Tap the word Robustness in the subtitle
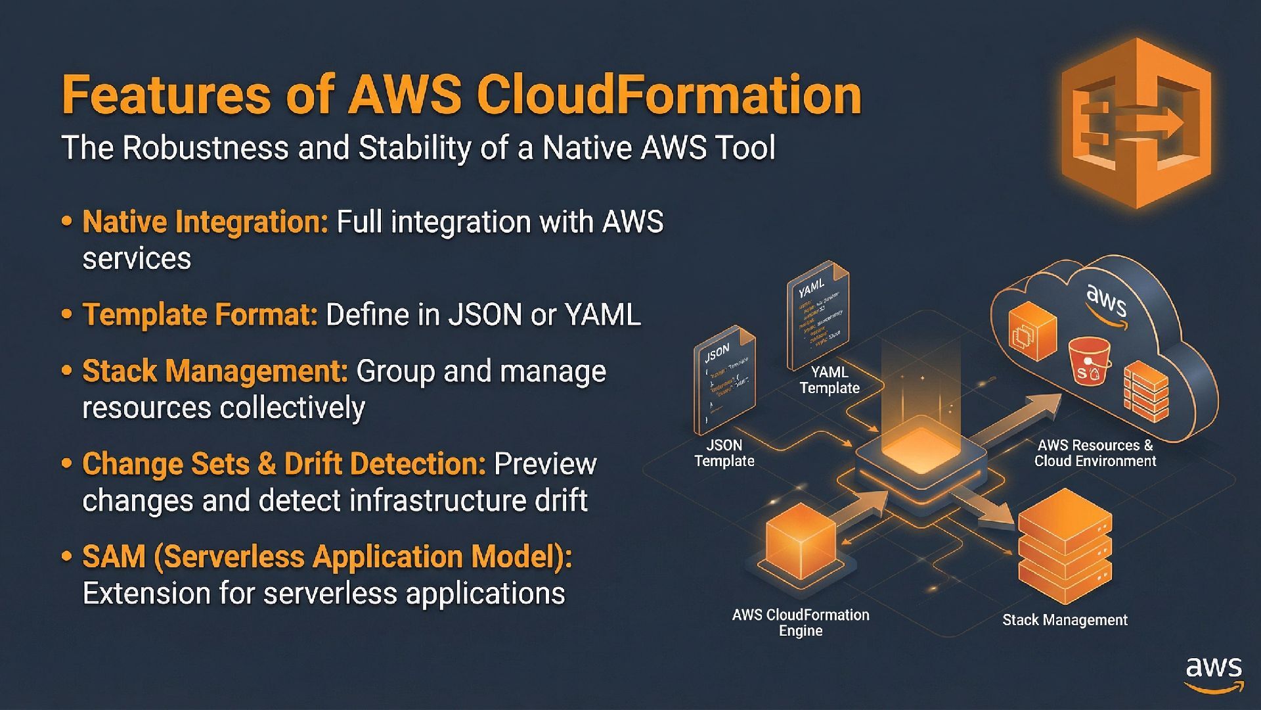pos(206,147)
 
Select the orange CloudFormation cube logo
pos(1136,123)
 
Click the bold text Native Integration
pos(205,222)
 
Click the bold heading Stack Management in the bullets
pos(215,371)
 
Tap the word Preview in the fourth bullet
pos(544,464)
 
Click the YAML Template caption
pos(830,380)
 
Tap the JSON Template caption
pos(724,453)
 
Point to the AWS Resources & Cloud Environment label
pos(1095,453)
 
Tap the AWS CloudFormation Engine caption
pos(801,623)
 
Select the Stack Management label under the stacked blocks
pos(1065,620)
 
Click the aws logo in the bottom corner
pos(1214,674)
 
